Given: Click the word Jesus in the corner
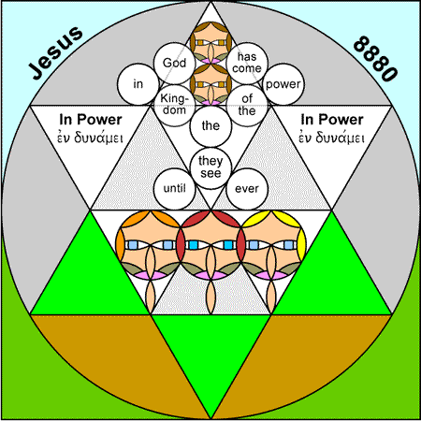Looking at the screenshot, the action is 55,52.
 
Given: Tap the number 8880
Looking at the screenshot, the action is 375,59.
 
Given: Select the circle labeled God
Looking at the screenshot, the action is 174,63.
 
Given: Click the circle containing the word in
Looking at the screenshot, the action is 138,84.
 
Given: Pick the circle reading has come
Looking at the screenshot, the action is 247,63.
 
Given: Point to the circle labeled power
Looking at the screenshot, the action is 283,84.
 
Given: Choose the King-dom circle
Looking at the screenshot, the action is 174,105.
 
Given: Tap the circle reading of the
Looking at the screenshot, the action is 247,105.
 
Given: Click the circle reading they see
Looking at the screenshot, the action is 210,168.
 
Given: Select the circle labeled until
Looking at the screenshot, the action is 174,189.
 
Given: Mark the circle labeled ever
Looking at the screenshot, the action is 247,189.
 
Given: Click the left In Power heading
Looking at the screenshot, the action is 91,120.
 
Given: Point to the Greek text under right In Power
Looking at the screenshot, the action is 332,138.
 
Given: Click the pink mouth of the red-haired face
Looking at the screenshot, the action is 210,275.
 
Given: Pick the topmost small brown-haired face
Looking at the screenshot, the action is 210,42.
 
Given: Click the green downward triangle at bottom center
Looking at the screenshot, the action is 210,349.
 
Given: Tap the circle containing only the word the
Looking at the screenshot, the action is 210,126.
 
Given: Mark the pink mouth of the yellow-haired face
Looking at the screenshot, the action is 271,275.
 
